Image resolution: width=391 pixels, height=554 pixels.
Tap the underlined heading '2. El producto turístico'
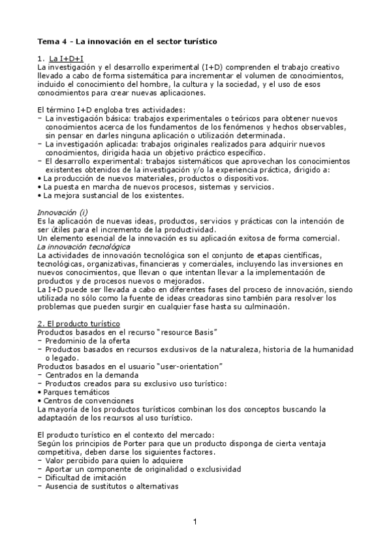(78, 323)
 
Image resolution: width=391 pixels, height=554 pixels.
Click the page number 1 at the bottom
(195, 521)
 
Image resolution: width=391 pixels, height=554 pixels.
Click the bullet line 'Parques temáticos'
(76, 392)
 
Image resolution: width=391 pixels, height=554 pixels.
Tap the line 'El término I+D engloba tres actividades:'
(111, 109)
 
